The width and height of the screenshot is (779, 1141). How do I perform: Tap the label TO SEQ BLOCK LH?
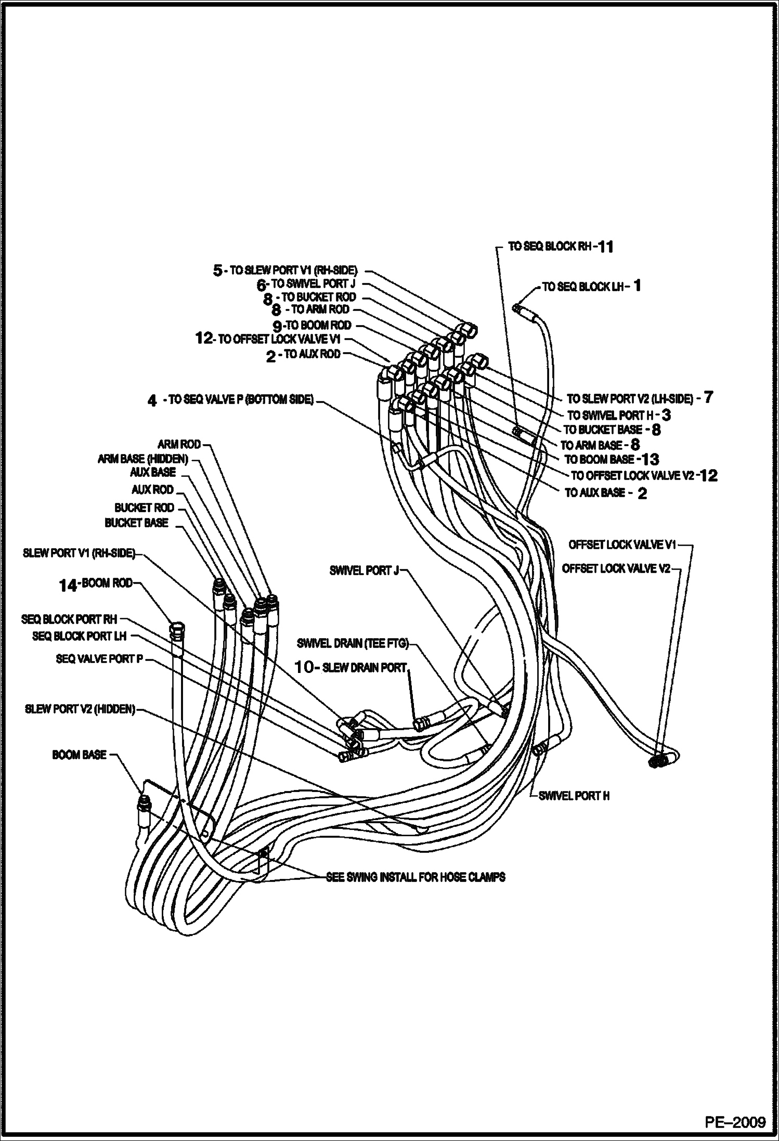tap(583, 287)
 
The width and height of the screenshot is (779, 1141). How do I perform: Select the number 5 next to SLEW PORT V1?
tap(218, 270)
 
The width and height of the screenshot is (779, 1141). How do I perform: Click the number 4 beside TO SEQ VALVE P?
tap(152, 400)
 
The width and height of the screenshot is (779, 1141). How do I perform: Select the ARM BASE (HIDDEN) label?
tap(143, 459)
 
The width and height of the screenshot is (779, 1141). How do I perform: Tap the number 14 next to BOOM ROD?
tap(68, 586)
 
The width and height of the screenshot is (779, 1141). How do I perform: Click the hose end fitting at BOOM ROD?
tap(176, 628)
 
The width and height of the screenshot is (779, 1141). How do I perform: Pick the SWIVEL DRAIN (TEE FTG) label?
tap(353, 644)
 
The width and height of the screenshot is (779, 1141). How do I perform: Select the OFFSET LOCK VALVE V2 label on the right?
tap(616, 569)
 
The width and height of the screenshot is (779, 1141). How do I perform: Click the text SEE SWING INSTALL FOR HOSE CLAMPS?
tap(416, 877)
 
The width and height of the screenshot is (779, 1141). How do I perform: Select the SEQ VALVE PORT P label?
tap(99, 659)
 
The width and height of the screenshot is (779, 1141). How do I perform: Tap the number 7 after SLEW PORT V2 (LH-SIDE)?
tap(708, 398)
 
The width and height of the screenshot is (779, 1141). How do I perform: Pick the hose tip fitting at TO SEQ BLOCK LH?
tap(517, 308)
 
